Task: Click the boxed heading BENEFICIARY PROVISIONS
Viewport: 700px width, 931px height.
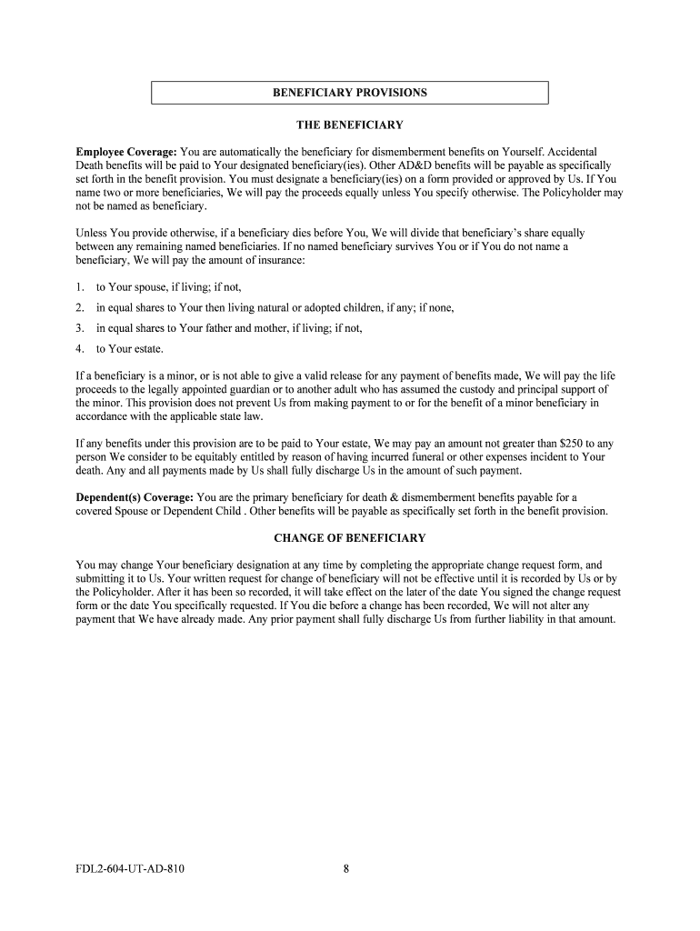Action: (x=349, y=93)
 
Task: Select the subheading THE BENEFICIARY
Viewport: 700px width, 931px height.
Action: (x=350, y=125)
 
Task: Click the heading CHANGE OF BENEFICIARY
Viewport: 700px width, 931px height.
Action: (x=350, y=537)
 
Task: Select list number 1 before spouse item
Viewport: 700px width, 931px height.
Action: (x=80, y=287)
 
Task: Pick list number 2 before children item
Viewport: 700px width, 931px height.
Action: (x=80, y=307)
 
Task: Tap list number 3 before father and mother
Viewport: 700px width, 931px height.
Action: (x=80, y=328)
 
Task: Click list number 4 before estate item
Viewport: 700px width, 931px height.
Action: (x=80, y=348)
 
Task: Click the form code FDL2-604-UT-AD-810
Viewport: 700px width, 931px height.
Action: (x=131, y=869)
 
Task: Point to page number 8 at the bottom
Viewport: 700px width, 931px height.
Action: (x=346, y=869)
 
